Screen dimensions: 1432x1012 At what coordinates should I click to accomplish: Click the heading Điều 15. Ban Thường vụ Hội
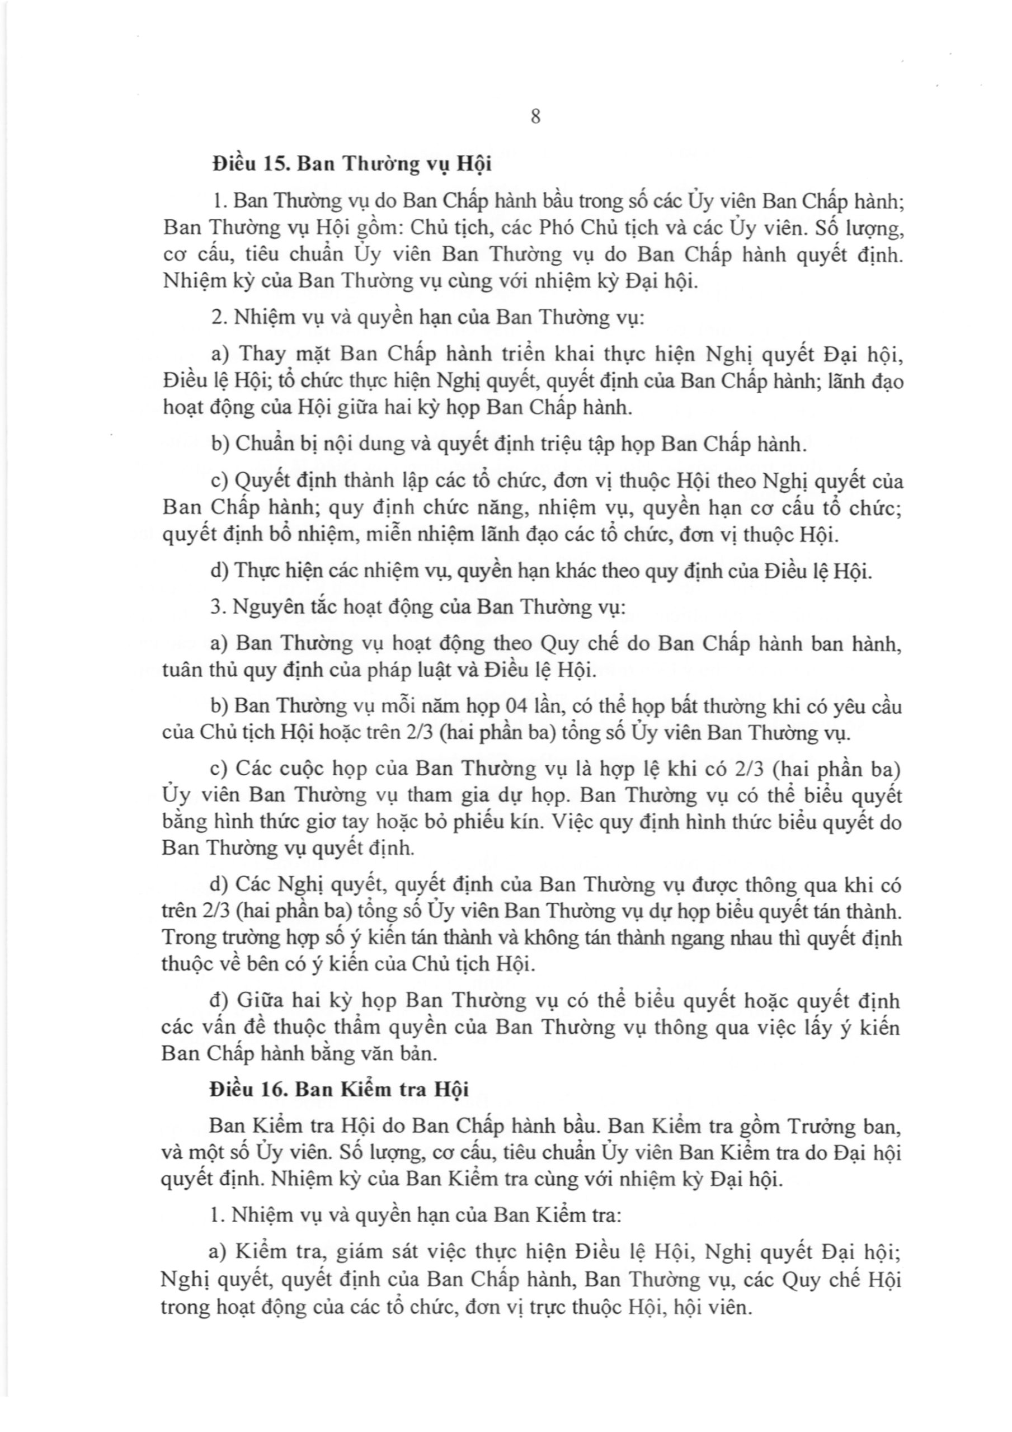click(351, 163)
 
